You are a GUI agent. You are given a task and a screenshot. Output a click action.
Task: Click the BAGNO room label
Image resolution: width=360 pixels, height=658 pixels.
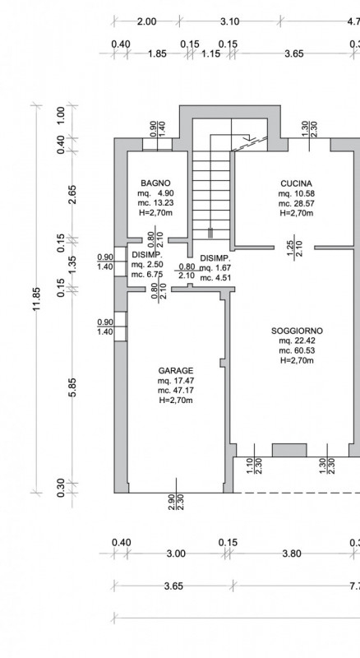pyautogui.click(x=155, y=183)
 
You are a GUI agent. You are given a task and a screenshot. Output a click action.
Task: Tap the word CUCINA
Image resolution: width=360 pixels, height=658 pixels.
pyautogui.click(x=296, y=183)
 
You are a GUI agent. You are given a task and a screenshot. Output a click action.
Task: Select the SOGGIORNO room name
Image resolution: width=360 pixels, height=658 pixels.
pyautogui.click(x=297, y=331)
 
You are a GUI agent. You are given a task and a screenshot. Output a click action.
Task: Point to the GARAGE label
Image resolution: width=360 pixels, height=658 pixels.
pyautogui.click(x=176, y=371)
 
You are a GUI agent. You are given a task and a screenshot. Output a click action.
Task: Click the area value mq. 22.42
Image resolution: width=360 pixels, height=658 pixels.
pyautogui.click(x=297, y=341)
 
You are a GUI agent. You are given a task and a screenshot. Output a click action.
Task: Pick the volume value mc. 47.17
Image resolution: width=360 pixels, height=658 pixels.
pyautogui.click(x=176, y=390)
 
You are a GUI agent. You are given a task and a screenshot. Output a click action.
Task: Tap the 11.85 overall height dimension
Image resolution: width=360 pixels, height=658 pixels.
pyautogui.click(x=37, y=299)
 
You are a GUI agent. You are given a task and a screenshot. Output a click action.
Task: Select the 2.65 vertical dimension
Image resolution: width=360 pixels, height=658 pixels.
pyautogui.click(x=72, y=194)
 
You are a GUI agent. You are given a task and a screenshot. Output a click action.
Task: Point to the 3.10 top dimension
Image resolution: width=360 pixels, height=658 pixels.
pyautogui.click(x=230, y=21)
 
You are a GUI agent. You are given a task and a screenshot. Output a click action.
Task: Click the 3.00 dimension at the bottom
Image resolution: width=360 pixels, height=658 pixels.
pyautogui.click(x=176, y=554)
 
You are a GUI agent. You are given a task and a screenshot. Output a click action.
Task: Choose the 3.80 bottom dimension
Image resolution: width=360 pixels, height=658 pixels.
pyautogui.click(x=292, y=554)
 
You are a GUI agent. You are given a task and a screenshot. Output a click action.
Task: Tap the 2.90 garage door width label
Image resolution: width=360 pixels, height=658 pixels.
pyautogui.click(x=171, y=503)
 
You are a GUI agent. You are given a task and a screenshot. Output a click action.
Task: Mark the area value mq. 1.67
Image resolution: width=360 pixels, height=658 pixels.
pyautogui.click(x=215, y=268)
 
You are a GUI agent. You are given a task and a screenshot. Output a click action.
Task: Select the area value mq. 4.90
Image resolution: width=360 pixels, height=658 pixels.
pyautogui.click(x=155, y=193)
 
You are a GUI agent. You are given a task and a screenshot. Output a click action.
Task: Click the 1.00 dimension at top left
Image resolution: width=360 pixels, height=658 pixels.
pyautogui.click(x=61, y=115)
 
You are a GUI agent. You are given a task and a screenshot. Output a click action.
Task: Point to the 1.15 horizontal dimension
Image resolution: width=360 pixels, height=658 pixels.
pyautogui.click(x=210, y=53)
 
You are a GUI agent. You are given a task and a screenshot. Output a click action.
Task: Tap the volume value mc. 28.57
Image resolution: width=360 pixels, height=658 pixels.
pyautogui.click(x=296, y=203)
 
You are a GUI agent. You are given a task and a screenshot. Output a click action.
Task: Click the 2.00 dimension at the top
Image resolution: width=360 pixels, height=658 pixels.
pyautogui.click(x=147, y=21)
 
